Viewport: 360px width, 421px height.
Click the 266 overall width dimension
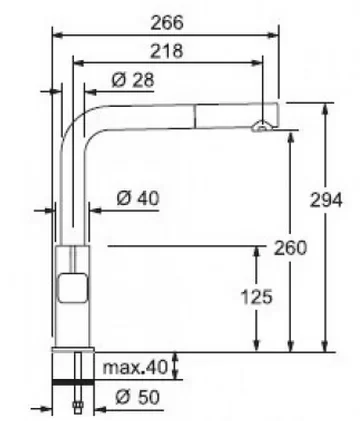pyautogui.click(x=167, y=23)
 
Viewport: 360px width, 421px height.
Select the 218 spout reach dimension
pyautogui.click(x=167, y=51)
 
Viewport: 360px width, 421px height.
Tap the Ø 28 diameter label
pyautogui.click(x=133, y=80)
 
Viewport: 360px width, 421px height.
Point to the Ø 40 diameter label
pyautogui.click(x=138, y=199)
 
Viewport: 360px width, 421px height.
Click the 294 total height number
pyautogui.click(x=326, y=200)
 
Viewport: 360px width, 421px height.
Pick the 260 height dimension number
pyautogui.click(x=290, y=248)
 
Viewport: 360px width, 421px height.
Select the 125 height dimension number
pyautogui.click(x=256, y=297)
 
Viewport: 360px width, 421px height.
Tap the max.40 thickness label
pyautogui.click(x=135, y=367)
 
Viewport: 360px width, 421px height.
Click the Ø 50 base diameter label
pyautogui.click(x=138, y=397)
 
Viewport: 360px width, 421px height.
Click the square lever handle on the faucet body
pyautogui.click(x=74, y=287)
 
